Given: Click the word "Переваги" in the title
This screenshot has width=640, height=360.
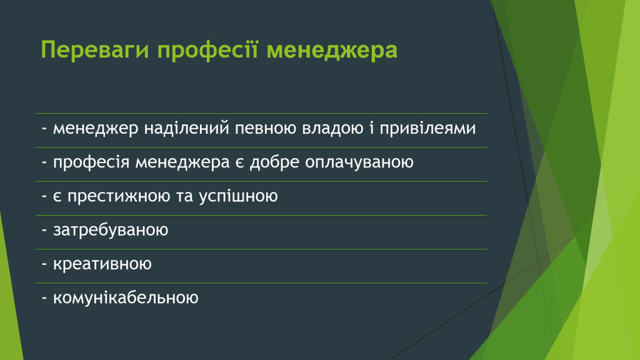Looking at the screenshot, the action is pyautogui.click(x=95, y=51).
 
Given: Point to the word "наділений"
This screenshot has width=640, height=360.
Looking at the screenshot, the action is pyautogui.click(x=187, y=128).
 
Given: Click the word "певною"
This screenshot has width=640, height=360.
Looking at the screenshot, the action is pyautogui.click(x=266, y=129).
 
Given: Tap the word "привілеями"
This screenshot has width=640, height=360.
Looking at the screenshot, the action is pyautogui.click(x=427, y=129).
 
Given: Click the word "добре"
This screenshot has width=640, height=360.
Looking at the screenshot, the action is pyautogui.click(x=275, y=162).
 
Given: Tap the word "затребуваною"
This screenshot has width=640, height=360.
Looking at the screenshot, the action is pyautogui.click(x=111, y=230).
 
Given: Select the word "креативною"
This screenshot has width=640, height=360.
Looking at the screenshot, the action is pyautogui.click(x=102, y=264).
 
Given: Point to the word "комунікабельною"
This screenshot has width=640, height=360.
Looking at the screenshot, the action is pyautogui.click(x=126, y=297).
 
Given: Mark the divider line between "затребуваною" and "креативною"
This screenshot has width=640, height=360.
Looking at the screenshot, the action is pyautogui.click(x=261, y=249).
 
